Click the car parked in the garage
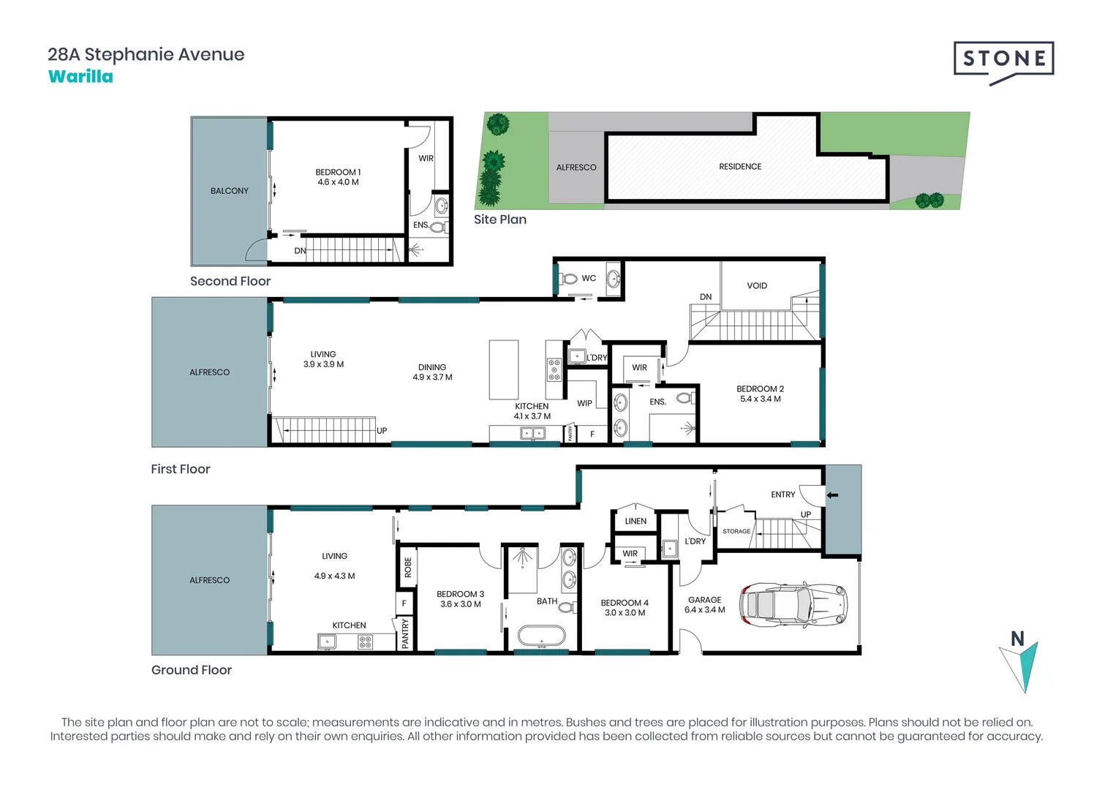pyautogui.click(x=793, y=605)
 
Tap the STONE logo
pyautogui.click(x=1003, y=63)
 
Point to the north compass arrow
pyautogui.click(x=1021, y=667)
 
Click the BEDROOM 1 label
pyautogui.click(x=338, y=173)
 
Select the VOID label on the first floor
pyautogui.click(x=757, y=286)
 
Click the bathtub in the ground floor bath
pyautogui.click(x=542, y=636)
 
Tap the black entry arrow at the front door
pyautogui.click(x=832, y=495)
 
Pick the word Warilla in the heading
pyautogui.click(x=80, y=77)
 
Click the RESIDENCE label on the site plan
pyautogui.click(x=740, y=167)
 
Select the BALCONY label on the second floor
pyautogui.click(x=230, y=191)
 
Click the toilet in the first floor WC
pyautogui.click(x=568, y=279)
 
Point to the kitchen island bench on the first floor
pyautogui.click(x=504, y=370)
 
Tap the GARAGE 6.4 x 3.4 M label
pyautogui.click(x=705, y=605)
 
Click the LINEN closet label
pyautogui.click(x=635, y=522)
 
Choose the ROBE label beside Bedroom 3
pyautogui.click(x=408, y=567)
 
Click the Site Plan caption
pyautogui.click(x=500, y=220)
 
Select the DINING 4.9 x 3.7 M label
pyautogui.click(x=432, y=372)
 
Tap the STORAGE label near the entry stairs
pyautogui.click(x=736, y=532)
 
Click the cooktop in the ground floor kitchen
pyautogui.click(x=366, y=642)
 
